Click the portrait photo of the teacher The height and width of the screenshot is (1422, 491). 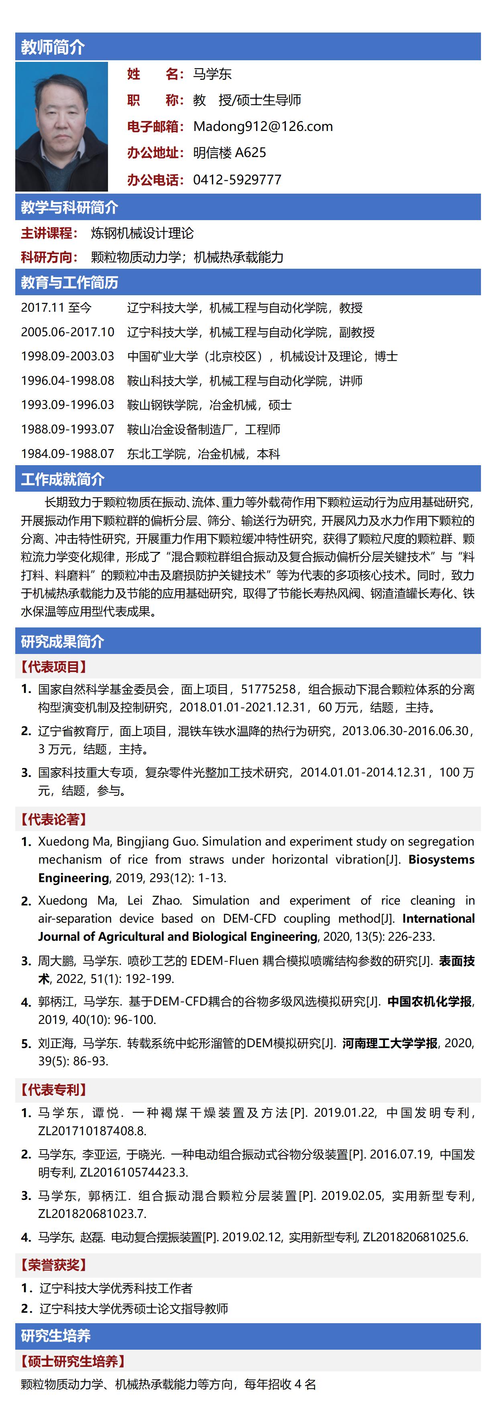tap(62, 127)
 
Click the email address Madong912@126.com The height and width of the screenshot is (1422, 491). tap(263, 127)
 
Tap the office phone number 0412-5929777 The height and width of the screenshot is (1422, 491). tap(237, 180)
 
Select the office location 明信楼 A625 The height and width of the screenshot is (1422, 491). tap(230, 153)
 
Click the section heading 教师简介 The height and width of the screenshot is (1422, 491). tap(53, 47)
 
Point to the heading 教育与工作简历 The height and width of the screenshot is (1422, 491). tap(69, 283)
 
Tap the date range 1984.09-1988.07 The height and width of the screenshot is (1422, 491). tap(67, 454)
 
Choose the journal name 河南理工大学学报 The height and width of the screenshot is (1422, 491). tap(389, 1043)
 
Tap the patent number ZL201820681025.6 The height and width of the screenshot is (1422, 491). tap(415, 1237)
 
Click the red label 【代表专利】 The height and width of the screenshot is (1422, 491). tap(54, 1090)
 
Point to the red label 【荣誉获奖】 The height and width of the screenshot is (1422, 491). tap(54, 1265)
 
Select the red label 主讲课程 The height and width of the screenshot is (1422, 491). tap(47, 233)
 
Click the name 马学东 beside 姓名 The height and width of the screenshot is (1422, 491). tap(212, 74)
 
